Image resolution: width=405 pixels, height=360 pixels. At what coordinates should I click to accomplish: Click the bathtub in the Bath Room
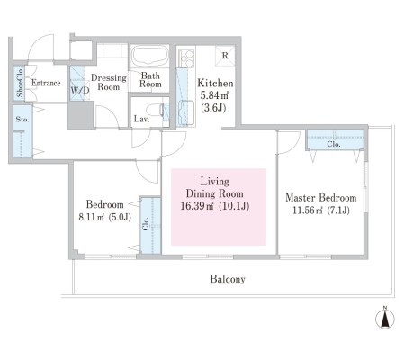pyautogui.click(x=150, y=56)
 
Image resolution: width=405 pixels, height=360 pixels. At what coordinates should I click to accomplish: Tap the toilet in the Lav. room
pyautogui.click(x=158, y=111)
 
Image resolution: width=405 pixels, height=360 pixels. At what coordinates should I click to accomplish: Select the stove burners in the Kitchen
pyautogui.click(x=186, y=58)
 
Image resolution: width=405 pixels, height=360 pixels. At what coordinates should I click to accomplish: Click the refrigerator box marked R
pyautogui.click(x=225, y=56)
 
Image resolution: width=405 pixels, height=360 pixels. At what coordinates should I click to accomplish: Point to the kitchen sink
pyautogui.click(x=185, y=113)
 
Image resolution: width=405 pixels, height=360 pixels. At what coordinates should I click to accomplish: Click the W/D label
pyautogui.click(x=80, y=90)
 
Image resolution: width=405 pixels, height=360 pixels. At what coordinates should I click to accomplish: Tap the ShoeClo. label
pyautogui.click(x=20, y=83)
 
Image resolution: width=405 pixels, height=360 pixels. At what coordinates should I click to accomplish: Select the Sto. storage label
pyautogui.click(x=22, y=120)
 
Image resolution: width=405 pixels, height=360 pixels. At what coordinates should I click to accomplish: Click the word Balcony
pyautogui.click(x=228, y=279)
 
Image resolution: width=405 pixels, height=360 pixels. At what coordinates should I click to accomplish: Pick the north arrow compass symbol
pyautogui.click(x=385, y=318)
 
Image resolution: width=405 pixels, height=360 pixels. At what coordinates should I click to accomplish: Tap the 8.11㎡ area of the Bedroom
pyautogui.click(x=92, y=217)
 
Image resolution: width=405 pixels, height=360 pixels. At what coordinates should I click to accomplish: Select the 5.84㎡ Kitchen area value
pyautogui.click(x=214, y=95)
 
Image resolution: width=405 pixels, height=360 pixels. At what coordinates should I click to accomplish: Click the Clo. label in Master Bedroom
pyautogui.click(x=334, y=144)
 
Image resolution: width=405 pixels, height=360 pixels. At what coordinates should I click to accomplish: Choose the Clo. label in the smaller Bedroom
pyautogui.click(x=146, y=223)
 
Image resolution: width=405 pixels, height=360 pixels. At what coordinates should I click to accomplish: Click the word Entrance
pyautogui.click(x=46, y=83)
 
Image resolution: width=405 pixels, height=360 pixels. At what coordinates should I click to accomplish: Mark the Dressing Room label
pyautogui.click(x=109, y=82)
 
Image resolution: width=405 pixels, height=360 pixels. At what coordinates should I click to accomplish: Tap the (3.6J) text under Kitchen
pyautogui.click(x=213, y=108)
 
